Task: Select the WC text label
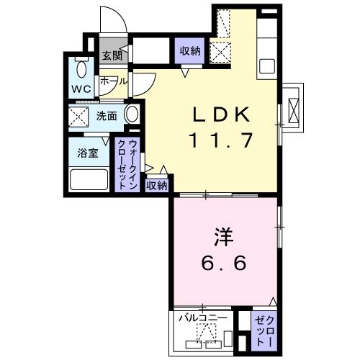(x=79, y=89)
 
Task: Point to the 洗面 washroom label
(x=107, y=115)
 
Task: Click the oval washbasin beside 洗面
(x=132, y=115)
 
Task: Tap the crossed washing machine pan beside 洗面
(x=79, y=115)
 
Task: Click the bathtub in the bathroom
(x=86, y=179)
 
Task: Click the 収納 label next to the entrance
(x=190, y=50)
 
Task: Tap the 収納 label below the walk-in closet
(x=157, y=185)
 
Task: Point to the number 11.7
(x=222, y=140)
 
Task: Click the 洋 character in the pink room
(x=222, y=236)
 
